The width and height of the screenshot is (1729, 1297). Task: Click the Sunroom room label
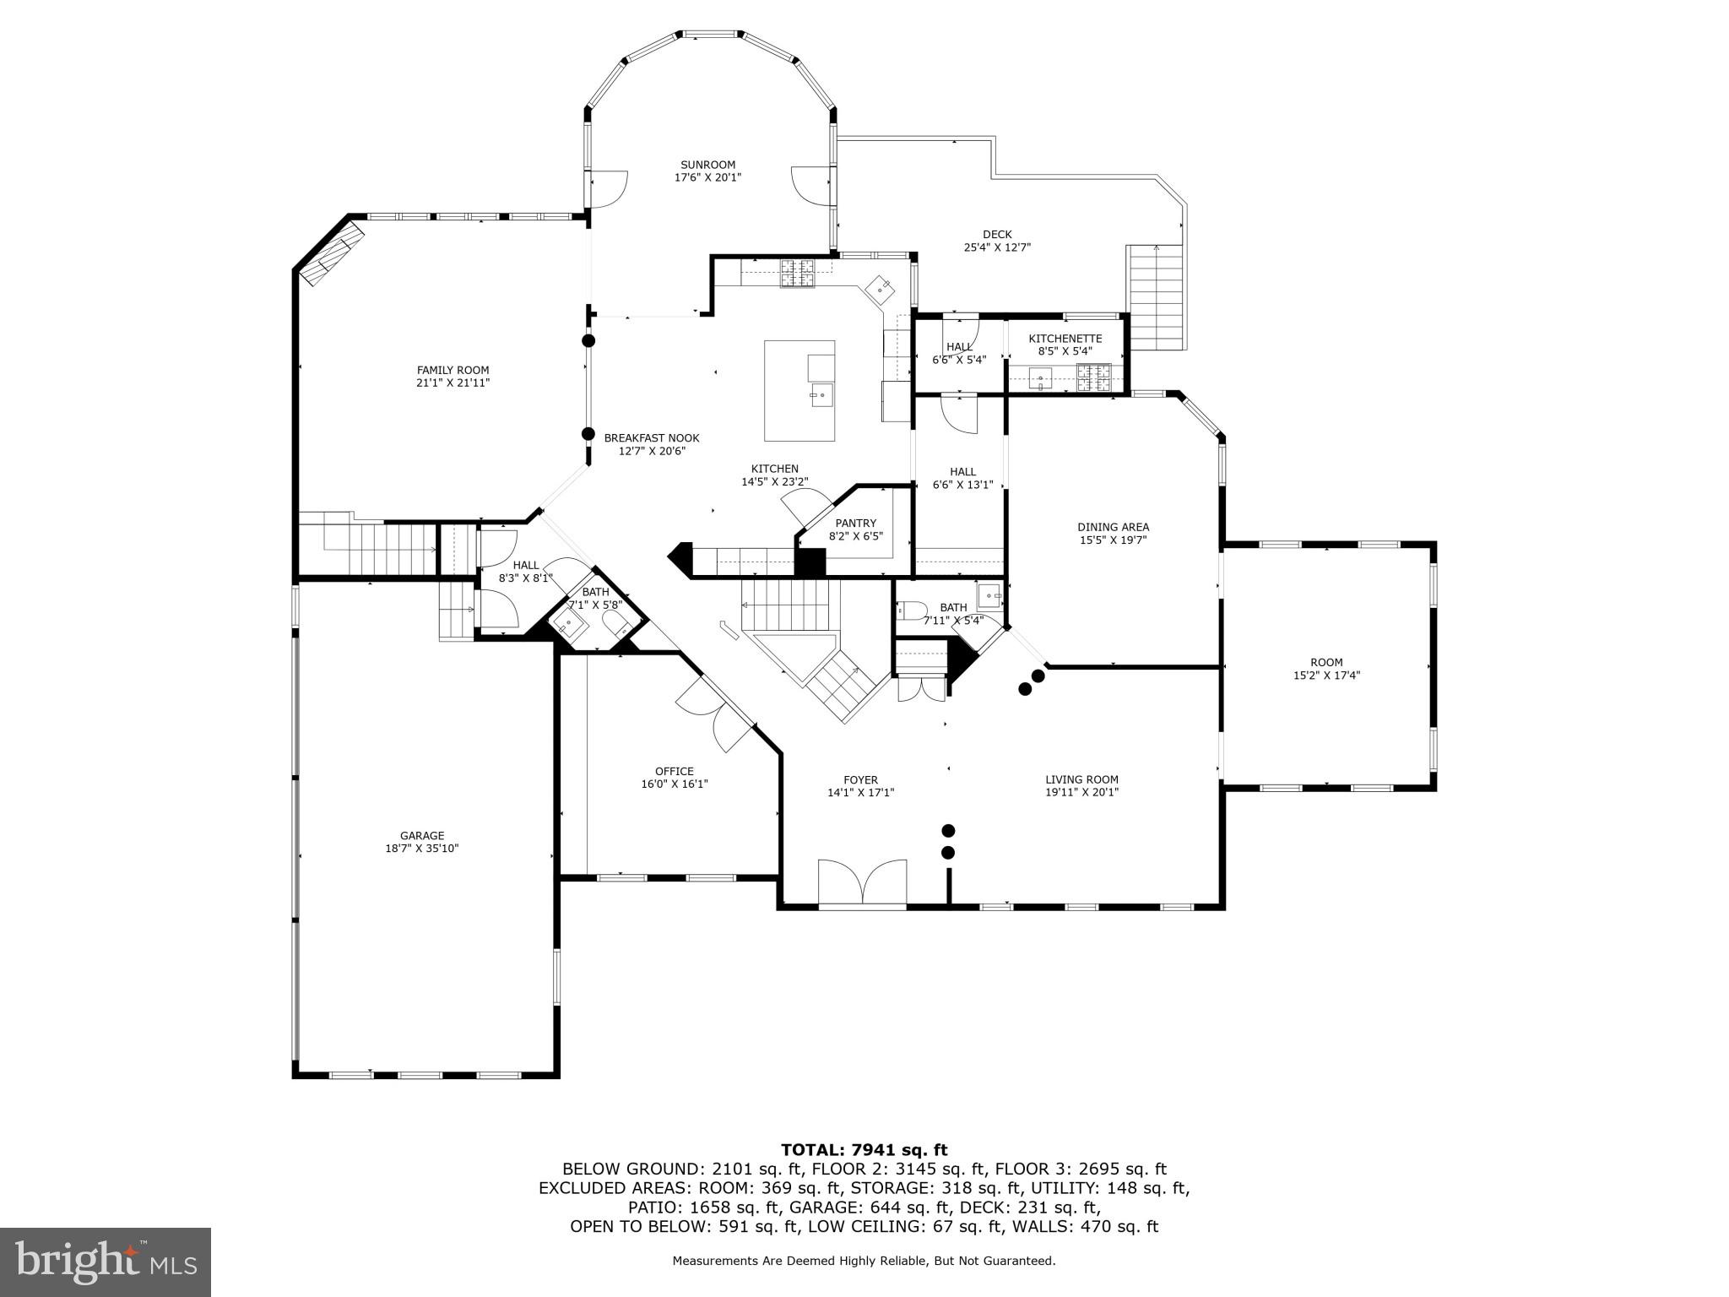[707, 165]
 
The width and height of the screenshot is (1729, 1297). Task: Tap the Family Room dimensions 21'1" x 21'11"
[453, 383]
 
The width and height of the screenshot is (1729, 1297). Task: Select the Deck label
[997, 235]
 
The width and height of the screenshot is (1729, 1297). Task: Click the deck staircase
[1155, 296]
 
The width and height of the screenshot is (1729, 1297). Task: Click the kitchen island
[799, 390]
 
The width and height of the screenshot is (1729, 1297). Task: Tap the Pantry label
[855, 523]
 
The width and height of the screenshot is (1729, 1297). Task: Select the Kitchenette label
[1065, 339]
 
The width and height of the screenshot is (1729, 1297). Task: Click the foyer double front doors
[862, 884]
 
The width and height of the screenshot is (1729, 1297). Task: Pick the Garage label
[422, 836]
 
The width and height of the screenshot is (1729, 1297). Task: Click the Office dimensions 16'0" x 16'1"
[674, 784]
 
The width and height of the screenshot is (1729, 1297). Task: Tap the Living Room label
[1081, 779]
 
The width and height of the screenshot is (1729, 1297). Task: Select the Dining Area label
[1113, 527]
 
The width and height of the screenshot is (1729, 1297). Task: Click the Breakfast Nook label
[651, 437]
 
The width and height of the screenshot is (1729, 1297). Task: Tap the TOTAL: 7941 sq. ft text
[864, 1149]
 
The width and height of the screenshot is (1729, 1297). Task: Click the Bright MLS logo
[106, 1262]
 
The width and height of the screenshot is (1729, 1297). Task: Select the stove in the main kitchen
[797, 273]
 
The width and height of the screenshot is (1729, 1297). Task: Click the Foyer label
[860, 779]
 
